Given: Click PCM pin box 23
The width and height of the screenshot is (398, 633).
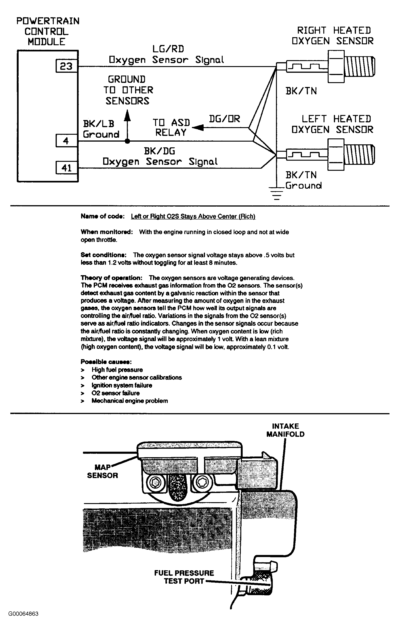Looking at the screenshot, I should pos(67,66).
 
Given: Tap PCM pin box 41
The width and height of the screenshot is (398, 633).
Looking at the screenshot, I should pos(67,168).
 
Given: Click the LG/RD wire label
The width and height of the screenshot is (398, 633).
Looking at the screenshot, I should pos(168,49).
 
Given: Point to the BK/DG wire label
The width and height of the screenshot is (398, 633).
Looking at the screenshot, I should pos(159,151).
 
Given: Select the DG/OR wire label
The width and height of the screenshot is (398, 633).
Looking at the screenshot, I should pos(224,119).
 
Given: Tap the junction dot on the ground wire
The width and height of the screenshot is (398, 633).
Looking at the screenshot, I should pos(127,141).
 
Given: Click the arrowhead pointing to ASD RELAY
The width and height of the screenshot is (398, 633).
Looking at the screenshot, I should pos(197,128).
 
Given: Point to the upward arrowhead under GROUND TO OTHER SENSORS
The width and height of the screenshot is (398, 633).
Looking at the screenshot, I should pos(127,115).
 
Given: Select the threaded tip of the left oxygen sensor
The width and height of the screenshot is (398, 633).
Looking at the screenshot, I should pos(359,154).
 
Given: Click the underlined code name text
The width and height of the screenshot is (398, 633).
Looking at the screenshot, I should pos(193,216).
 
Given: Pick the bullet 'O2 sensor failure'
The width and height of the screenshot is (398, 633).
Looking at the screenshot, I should pos(115,393).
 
